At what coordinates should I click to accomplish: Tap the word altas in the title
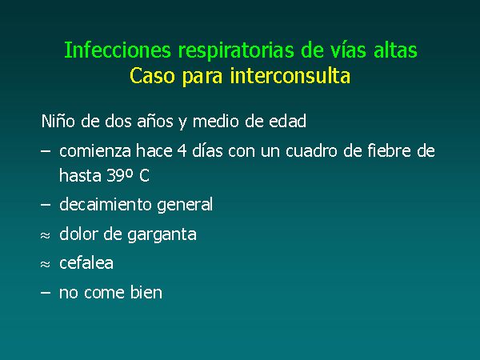tap(395, 50)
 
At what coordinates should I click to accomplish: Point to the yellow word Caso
tap(152, 76)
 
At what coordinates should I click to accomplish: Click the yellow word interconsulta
tap(290, 76)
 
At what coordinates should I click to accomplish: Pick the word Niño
tap(58, 121)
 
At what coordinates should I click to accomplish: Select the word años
tap(155, 122)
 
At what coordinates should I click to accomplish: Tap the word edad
tap(287, 121)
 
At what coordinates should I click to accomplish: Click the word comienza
tap(95, 151)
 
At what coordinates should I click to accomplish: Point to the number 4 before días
tap(182, 151)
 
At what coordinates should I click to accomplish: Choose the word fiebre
tap(389, 150)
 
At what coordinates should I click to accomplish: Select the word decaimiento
tap(106, 204)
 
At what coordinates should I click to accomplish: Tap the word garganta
tap(162, 235)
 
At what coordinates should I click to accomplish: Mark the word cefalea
tap(86, 263)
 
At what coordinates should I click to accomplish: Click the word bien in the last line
tap(146, 292)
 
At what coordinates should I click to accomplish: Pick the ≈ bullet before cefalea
tap(45, 264)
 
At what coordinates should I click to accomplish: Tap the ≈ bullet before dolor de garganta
tap(45, 235)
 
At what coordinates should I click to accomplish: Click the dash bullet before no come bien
tap(46, 293)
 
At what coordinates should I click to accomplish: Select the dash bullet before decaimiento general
tap(46, 205)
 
